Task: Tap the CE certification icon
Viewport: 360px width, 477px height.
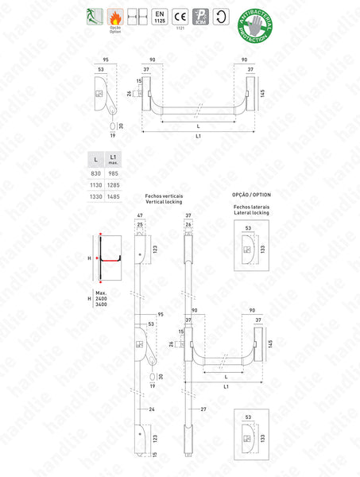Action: point(180,16)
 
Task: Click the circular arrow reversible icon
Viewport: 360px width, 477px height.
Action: point(222,16)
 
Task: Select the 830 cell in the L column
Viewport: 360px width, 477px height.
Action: point(96,173)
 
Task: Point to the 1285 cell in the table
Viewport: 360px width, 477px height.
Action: point(116,184)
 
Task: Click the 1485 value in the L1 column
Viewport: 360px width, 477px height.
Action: point(116,196)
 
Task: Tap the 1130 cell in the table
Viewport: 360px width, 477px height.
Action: point(96,184)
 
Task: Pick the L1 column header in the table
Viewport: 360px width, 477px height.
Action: point(116,160)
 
